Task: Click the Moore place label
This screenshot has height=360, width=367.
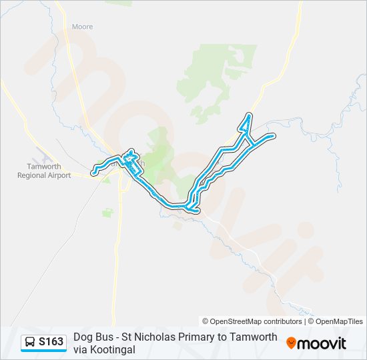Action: pos(82,27)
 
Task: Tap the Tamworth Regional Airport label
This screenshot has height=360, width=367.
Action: pos(44,171)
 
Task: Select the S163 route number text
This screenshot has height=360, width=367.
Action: pos(51,343)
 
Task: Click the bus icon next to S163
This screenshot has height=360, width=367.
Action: pos(30,343)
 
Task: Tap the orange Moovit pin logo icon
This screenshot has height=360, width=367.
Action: pos(291,343)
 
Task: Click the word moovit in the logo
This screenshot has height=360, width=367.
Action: pos(322,343)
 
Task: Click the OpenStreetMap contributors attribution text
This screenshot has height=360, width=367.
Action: pos(252,321)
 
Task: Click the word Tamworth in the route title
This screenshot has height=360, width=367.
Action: pos(258,337)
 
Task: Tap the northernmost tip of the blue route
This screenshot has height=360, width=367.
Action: pos(249,115)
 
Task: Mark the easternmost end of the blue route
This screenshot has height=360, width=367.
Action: pos(274,136)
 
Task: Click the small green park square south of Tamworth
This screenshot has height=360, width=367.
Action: pos(107,213)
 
